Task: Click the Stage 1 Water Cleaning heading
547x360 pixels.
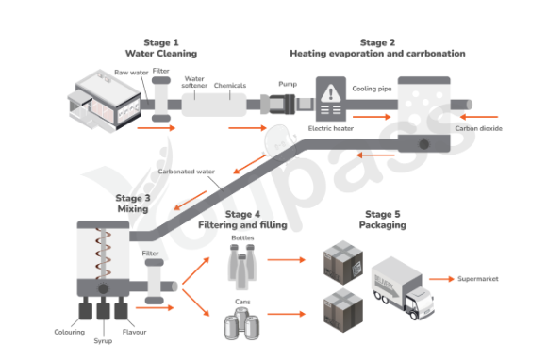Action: click(x=161, y=48)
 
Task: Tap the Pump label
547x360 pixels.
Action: click(x=288, y=84)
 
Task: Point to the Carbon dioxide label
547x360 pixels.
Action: click(x=479, y=128)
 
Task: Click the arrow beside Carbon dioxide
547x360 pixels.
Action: click(x=479, y=117)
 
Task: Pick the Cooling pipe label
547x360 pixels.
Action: click(x=372, y=89)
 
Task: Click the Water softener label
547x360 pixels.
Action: click(x=194, y=82)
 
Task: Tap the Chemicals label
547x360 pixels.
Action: click(x=230, y=86)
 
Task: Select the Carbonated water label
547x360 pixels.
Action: click(x=187, y=172)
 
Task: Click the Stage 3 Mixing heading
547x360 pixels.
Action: click(x=133, y=204)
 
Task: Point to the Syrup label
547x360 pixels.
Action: click(x=103, y=341)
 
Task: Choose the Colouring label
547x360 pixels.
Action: click(x=70, y=332)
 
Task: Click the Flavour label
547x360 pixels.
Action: click(x=134, y=332)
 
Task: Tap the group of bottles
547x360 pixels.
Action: click(x=242, y=268)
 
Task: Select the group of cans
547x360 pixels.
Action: click(x=241, y=323)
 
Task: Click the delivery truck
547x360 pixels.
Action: click(x=403, y=287)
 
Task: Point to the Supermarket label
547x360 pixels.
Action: click(x=478, y=279)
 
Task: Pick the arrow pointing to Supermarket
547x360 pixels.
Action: click(x=441, y=279)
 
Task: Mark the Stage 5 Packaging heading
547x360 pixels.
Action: click(x=383, y=220)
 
